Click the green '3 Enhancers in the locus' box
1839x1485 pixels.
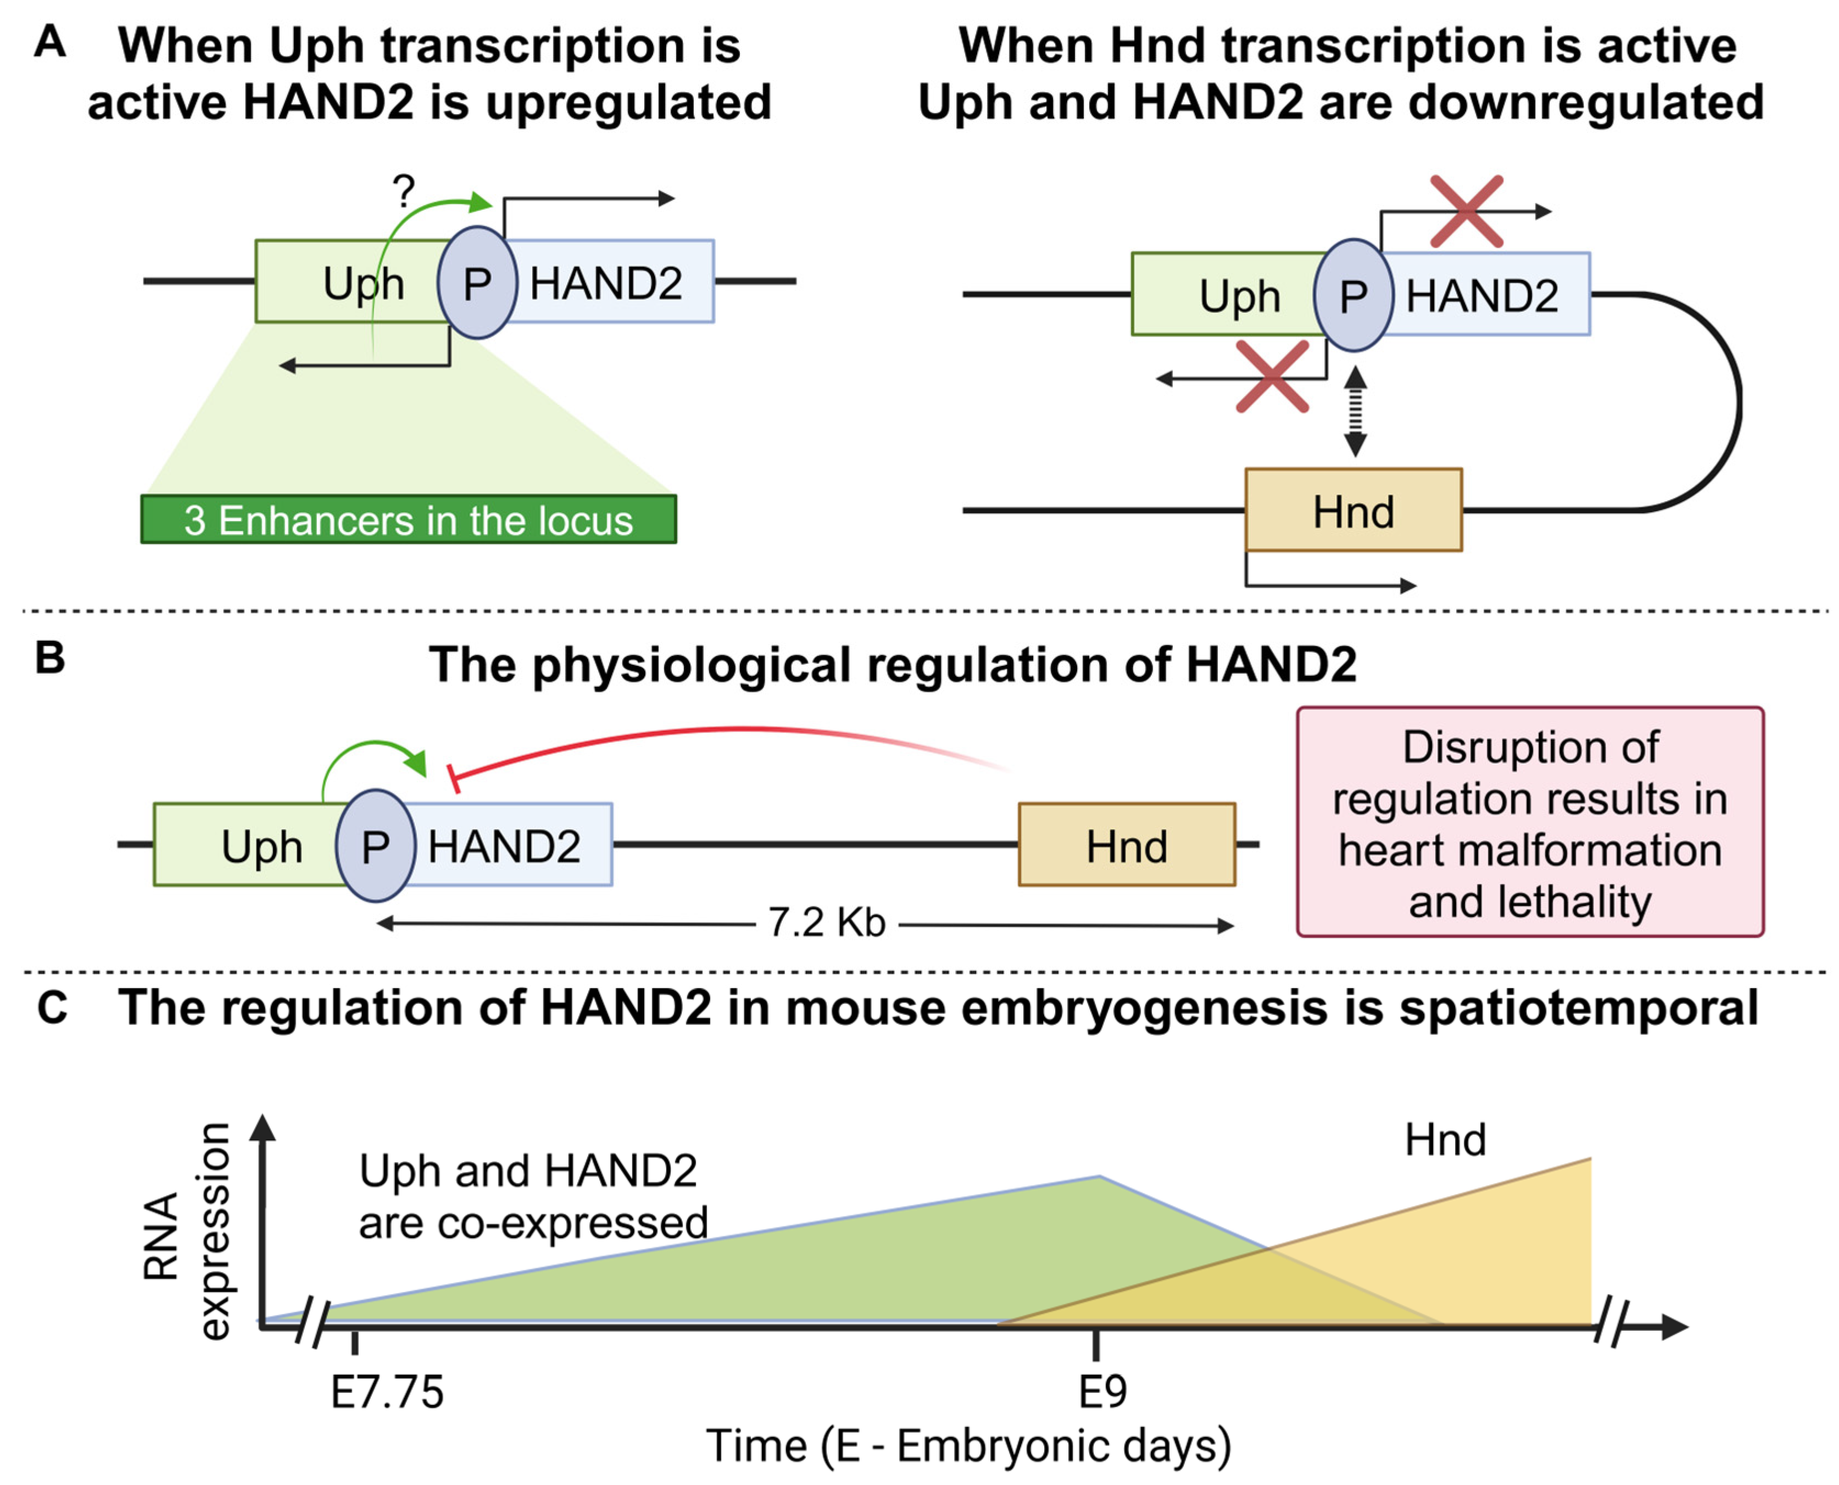point(408,519)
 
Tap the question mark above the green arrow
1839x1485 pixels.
point(403,192)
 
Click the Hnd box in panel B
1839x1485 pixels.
point(1126,845)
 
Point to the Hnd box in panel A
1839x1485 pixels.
point(1353,511)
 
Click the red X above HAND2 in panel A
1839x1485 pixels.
point(1467,211)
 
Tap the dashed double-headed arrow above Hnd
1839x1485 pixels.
point(1355,411)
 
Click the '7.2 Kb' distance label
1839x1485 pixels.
point(827,923)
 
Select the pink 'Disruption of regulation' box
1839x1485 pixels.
point(1530,822)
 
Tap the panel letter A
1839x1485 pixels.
point(49,41)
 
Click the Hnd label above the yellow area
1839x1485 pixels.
point(1445,1139)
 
